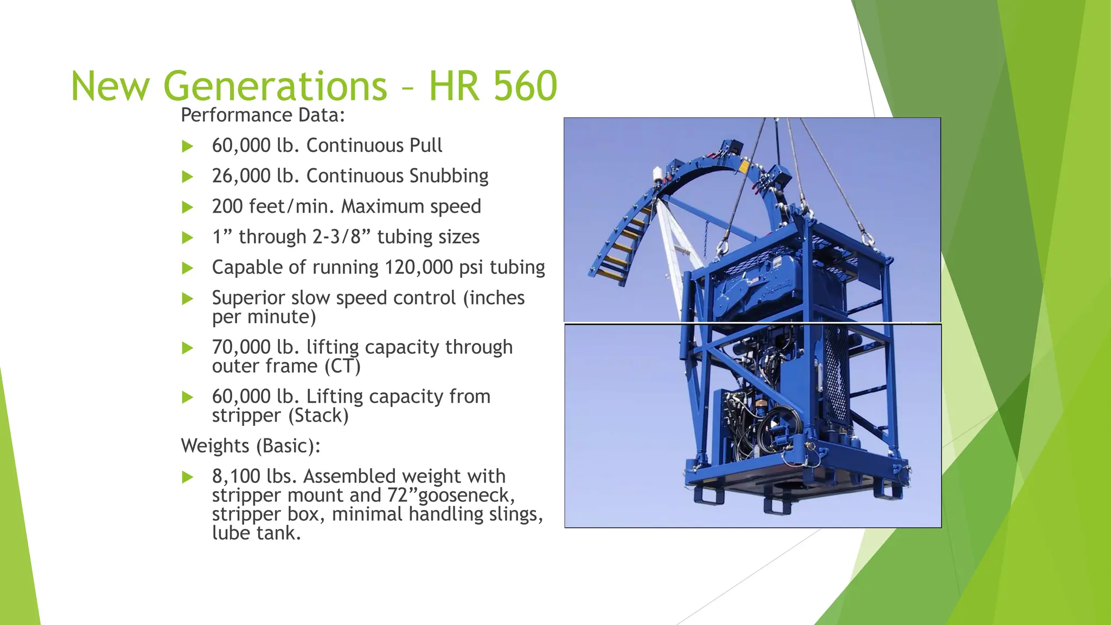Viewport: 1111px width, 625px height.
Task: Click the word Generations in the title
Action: click(275, 86)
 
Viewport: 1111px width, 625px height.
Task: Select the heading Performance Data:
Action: click(263, 115)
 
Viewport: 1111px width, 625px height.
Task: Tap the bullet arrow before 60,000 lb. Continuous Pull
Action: click(188, 146)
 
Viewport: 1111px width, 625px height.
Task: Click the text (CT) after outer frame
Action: click(342, 366)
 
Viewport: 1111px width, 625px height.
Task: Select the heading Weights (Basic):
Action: click(250, 446)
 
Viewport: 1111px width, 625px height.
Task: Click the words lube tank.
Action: click(256, 533)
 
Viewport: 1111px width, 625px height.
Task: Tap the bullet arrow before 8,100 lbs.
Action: click(188, 477)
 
